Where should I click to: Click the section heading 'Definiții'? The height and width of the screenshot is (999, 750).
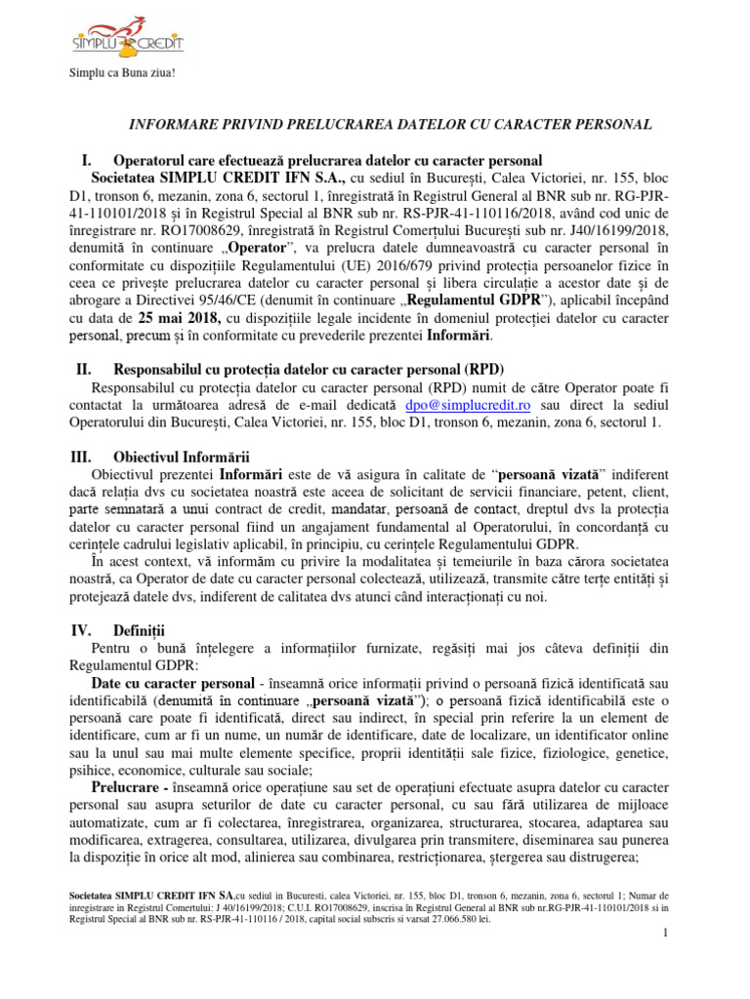click(x=141, y=631)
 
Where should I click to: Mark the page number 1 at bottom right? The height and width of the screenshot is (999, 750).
click(x=664, y=935)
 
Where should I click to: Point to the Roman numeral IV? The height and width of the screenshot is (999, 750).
click(x=82, y=631)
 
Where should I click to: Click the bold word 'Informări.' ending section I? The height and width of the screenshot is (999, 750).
click(x=461, y=337)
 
